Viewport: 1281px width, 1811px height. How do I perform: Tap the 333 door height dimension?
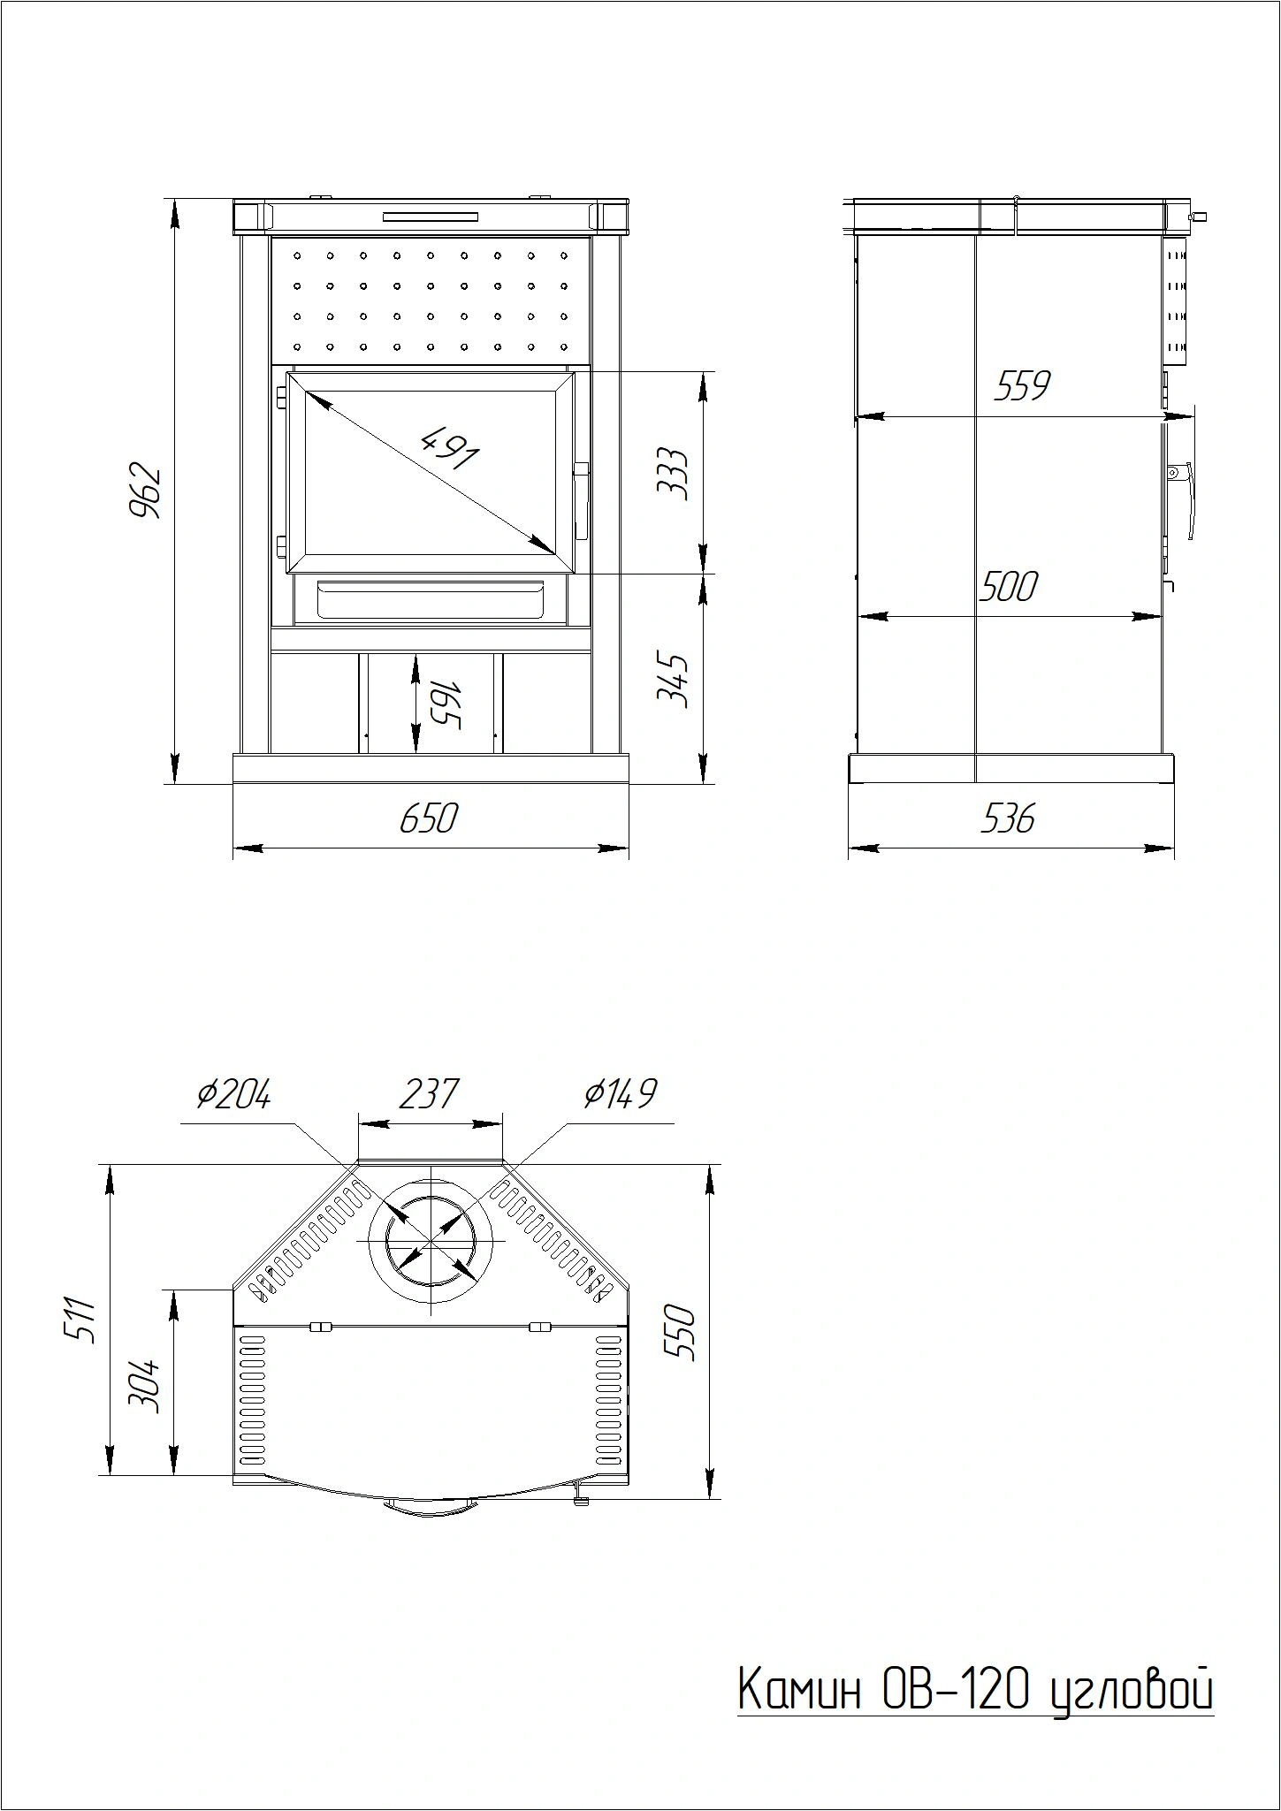pos(673,474)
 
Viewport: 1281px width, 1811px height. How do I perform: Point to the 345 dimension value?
pos(673,678)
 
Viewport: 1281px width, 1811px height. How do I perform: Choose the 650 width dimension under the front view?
pos(429,818)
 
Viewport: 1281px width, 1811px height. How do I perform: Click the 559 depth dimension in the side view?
pos(1022,385)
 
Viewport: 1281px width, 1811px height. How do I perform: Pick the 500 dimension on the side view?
pos(1008,586)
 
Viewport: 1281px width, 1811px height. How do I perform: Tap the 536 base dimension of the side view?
pos(1008,818)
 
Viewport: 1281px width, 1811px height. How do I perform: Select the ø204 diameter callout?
pos(233,1094)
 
